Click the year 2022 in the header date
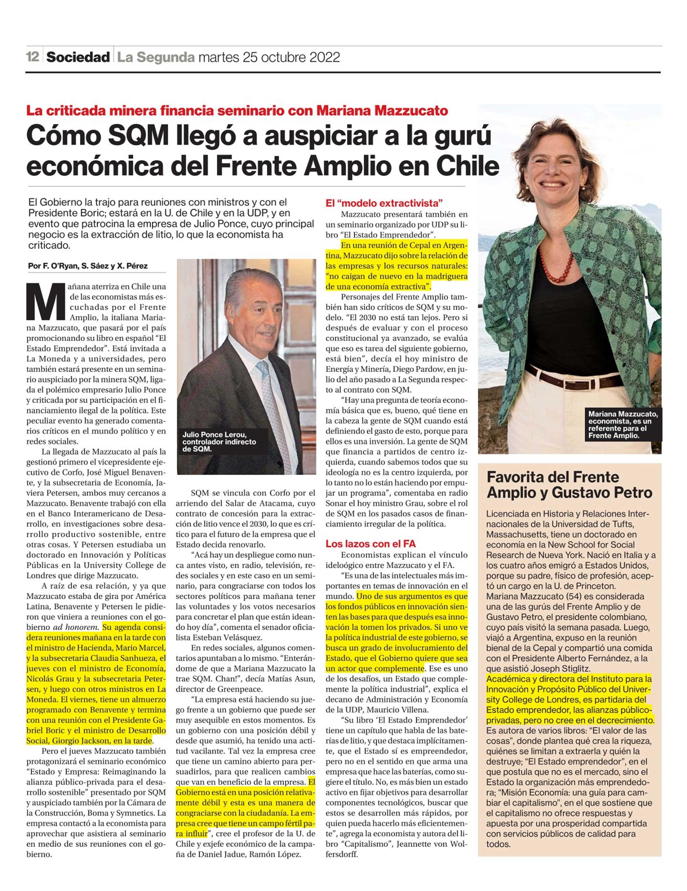pos(324,57)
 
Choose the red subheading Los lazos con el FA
pos(370,544)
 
